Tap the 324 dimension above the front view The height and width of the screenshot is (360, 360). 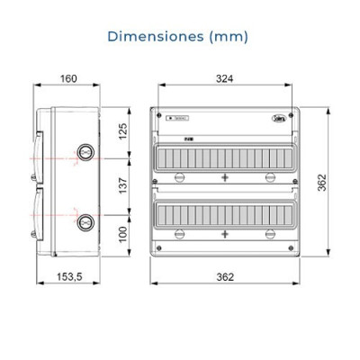(224, 79)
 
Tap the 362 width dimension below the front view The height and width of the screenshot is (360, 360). (224, 275)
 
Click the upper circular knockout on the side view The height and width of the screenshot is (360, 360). (85, 152)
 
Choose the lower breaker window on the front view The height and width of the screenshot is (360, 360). (224, 212)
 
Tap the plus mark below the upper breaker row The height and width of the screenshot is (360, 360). (224, 178)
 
